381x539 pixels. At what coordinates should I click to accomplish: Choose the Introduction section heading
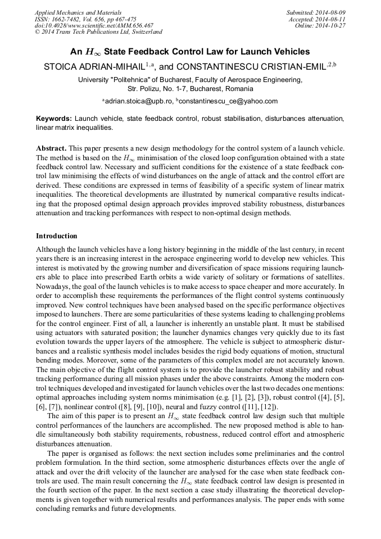(x=57, y=235)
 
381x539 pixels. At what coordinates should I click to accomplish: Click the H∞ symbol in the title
(x=92, y=52)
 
